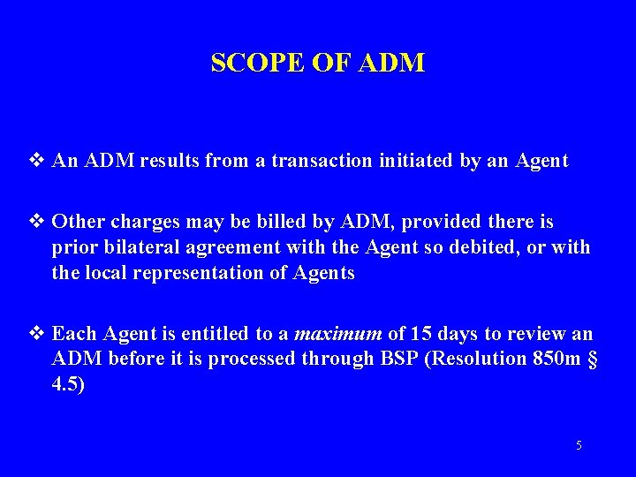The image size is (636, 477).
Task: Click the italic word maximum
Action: (338, 335)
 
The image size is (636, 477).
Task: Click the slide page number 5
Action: (579, 445)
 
